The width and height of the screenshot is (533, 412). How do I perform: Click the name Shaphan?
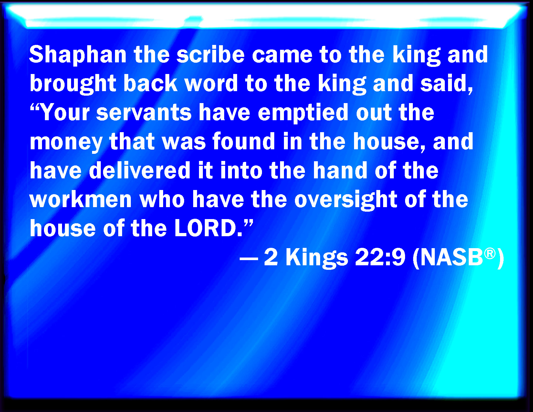click(x=78, y=55)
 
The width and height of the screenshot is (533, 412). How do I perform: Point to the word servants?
click(x=144, y=113)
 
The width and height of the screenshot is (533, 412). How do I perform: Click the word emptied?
click(x=303, y=113)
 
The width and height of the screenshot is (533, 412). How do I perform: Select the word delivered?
click(x=140, y=170)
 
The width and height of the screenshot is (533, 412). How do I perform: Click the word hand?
click(x=340, y=170)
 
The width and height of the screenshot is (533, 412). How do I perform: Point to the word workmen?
click(x=81, y=199)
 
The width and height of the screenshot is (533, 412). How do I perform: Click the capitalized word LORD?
click(x=205, y=228)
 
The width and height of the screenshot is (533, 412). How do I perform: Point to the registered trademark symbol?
click(x=490, y=253)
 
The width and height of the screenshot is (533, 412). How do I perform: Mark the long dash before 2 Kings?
click(x=249, y=258)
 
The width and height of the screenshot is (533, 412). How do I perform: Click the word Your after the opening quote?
click(x=65, y=112)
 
